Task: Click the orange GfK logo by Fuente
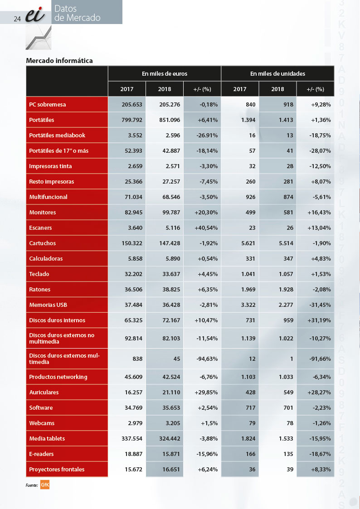click(x=45, y=485)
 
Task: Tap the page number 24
click(x=17, y=19)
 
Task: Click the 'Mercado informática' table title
click(x=59, y=61)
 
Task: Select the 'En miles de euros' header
click(x=165, y=74)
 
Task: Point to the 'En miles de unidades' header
click(x=277, y=74)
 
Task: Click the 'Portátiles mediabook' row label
click(x=57, y=136)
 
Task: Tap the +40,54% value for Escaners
click(x=206, y=228)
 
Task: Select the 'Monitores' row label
click(x=43, y=212)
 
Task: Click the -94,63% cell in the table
click(x=207, y=359)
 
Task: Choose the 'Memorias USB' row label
click(x=48, y=305)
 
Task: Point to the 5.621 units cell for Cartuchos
click(x=248, y=243)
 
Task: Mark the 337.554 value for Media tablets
click(x=132, y=439)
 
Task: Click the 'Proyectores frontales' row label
click(x=57, y=470)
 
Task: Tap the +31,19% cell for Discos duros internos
click(x=319, y=320)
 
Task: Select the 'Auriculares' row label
click(x=44, y=393)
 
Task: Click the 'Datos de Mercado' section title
click(x=77, y=13)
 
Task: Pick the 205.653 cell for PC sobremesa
click(x=132, y=105)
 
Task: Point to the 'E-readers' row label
click(x=41, y=454)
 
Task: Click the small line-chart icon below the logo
click(x=39, y=37)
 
